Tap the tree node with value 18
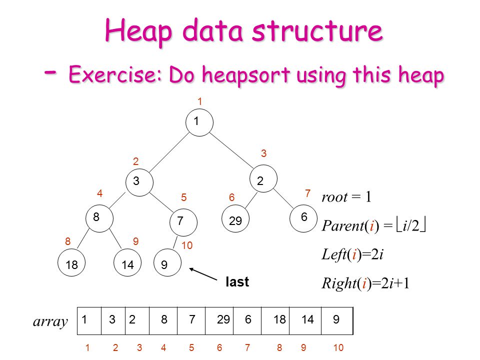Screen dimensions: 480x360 point(71,265)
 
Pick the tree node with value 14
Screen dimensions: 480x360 point(128,265)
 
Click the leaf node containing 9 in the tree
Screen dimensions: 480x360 point(166,265)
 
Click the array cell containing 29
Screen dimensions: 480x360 point(223,320)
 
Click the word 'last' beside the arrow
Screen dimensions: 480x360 point(237,282)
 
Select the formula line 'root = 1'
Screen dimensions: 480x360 point(346,197)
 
